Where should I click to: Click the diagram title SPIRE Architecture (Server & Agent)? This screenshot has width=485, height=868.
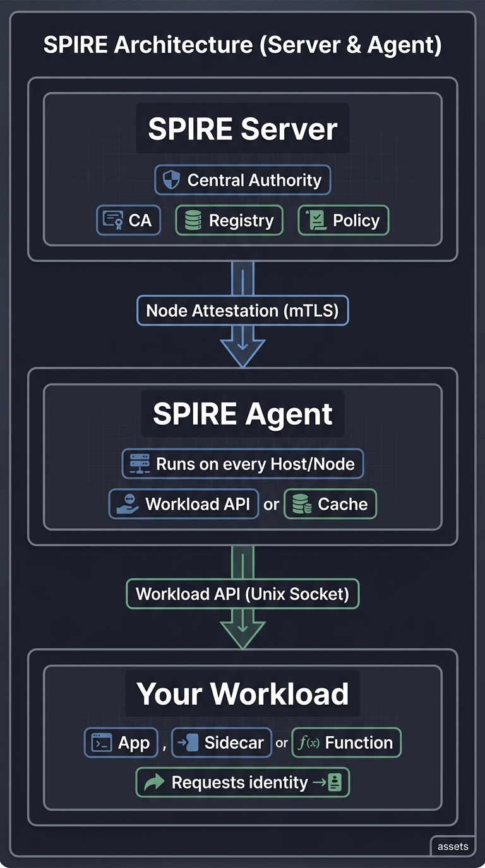[242, 45]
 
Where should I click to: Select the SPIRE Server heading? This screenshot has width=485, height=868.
[242, 129]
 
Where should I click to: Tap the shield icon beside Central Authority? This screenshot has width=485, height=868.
[171, 180]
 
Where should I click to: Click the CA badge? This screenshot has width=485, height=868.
[128, 220]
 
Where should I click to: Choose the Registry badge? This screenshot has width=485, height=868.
[229, 220]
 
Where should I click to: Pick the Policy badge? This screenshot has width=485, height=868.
[344, 220]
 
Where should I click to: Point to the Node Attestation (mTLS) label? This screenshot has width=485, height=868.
[242, 310]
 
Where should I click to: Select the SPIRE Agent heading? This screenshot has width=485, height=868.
[242, 414]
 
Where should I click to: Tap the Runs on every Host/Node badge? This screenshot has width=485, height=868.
[242, 464]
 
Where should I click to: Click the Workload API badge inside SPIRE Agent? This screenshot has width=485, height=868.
[184, 504]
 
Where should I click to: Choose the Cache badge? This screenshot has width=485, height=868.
[330, 504]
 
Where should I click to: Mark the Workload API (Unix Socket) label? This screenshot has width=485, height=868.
[242, 594]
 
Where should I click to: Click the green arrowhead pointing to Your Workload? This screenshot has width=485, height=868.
[242, 635]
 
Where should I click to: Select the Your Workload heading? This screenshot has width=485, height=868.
[242, 693]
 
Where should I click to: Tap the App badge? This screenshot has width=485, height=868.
[121, 742]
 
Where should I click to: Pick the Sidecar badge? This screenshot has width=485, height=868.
[221, 742]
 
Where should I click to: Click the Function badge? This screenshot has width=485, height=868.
[346, 742]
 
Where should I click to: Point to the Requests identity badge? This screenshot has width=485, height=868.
[242, 783]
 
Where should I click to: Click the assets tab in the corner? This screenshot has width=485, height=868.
[453, 847]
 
